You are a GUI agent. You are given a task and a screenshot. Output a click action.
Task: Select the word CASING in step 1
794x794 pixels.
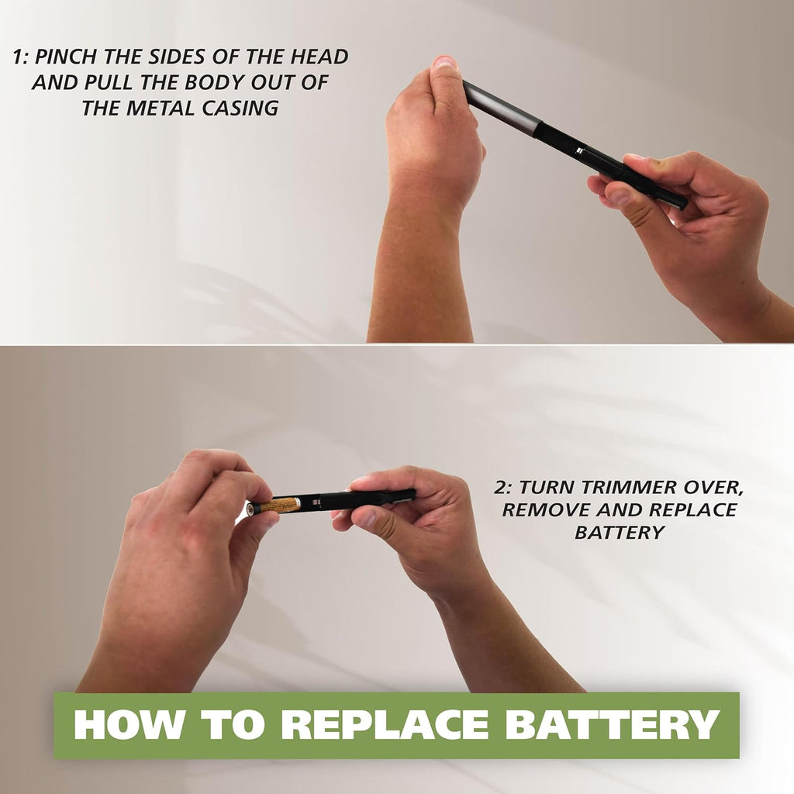point(236,109)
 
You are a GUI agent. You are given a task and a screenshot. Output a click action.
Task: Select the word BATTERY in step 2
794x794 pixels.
point(619,533)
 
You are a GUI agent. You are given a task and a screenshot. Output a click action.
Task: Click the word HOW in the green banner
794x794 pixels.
point(124,725)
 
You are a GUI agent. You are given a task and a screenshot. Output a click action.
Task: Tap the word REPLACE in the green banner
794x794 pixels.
point(385,725)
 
